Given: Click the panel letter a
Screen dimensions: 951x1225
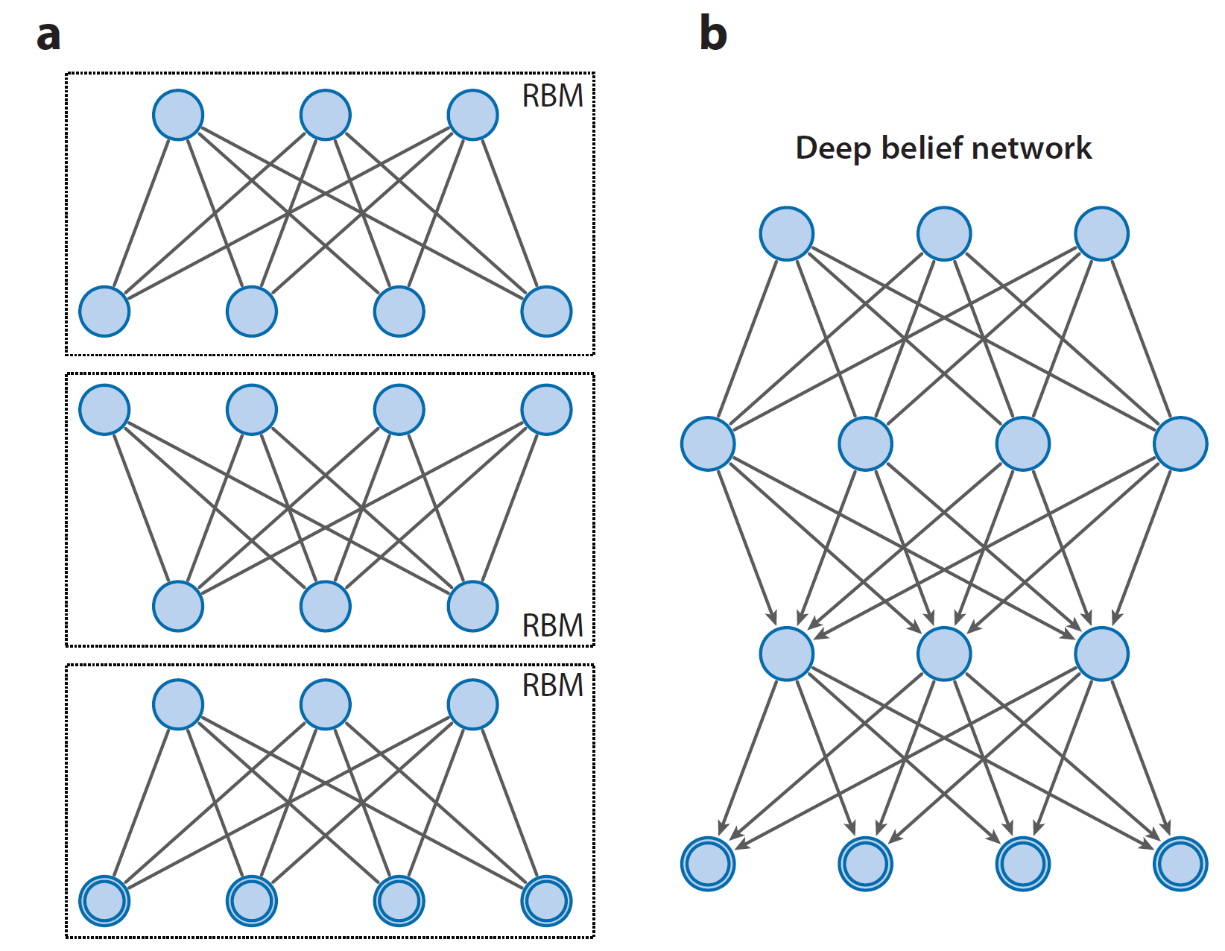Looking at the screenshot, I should pyautogui.click(x=48, y=36).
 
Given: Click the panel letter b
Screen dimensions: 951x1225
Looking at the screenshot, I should pyautogui.click(x=712, y=34).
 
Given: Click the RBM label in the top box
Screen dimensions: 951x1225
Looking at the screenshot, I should pyautogui.click(x=552, y=96).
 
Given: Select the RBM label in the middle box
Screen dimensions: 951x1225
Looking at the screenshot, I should pyautogui.click(x=552, y=626).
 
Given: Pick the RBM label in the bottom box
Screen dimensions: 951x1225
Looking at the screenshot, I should pyautogui.click(x=552, y=686).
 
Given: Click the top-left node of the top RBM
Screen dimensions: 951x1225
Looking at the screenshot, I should pyautogui.click(x=178, y=115).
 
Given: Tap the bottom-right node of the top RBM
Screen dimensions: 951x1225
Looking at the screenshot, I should pyautogui.click(x=547, y=312).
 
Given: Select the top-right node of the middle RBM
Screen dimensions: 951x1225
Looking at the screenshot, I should pyautogui.click(x=547, y=410).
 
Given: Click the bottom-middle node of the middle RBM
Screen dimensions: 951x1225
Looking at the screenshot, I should pyautogui.click(x=326, y=606).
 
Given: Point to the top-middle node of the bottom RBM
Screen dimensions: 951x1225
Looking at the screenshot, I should pyautogui.click(x=326, y=704).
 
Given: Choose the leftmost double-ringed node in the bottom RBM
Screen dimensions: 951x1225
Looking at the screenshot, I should pyautogui.click(x=104, y=901).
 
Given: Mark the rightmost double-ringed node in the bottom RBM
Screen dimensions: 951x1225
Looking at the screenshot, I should pyautogui.click(x=547, y=901).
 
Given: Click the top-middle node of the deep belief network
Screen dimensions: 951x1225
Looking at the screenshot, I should pyautogui.click(x=944, y=233).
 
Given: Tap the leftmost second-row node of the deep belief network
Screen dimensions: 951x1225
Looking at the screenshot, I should pyautogui.click(x=708, y=444).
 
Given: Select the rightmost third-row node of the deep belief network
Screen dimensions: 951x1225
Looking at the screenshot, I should pyautogui.click(x=1101, y=654).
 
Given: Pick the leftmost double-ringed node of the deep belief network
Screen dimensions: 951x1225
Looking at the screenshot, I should pyautogui.click(x=708, y=864).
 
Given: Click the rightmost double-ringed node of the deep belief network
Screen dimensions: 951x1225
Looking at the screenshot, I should pyautogui.click(x=1180, y=864).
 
